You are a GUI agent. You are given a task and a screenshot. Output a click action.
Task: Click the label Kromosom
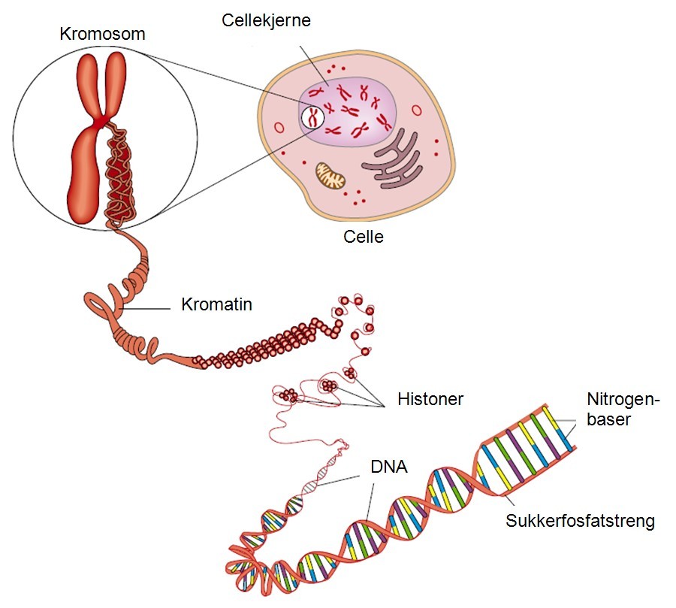coord(103,34)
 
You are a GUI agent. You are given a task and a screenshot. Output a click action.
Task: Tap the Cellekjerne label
coord(266,20)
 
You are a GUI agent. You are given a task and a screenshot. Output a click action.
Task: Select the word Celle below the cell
coord(364,237)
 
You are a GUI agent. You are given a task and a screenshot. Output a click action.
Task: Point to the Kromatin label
coord(216,305)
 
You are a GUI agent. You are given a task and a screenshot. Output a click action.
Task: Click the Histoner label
coord(430,399)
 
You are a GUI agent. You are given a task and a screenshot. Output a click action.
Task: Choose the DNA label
coord(388,467)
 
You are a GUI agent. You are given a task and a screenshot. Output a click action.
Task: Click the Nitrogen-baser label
coord(620,410)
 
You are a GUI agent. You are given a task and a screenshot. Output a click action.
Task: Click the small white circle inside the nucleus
coord(312,117)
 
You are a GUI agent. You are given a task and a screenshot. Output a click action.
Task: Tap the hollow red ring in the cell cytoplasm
coord(279,128)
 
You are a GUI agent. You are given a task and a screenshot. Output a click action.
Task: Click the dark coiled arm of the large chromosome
coord(120,177)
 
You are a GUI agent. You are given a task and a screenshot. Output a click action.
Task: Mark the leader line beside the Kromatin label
coord(149,307)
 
